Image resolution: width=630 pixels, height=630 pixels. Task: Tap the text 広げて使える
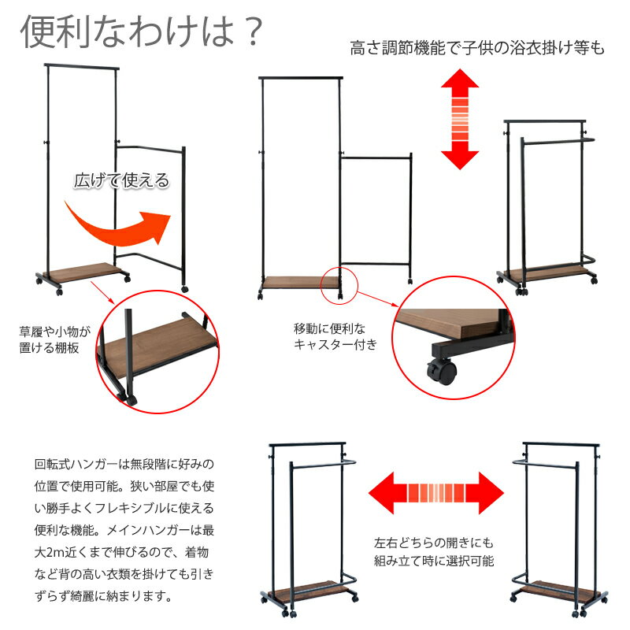point(121,180)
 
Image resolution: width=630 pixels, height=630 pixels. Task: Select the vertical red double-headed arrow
point(460,119)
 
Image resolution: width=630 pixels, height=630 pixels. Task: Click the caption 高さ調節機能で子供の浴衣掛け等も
point(477,49)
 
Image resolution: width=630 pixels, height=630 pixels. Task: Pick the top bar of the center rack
point(302,77)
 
